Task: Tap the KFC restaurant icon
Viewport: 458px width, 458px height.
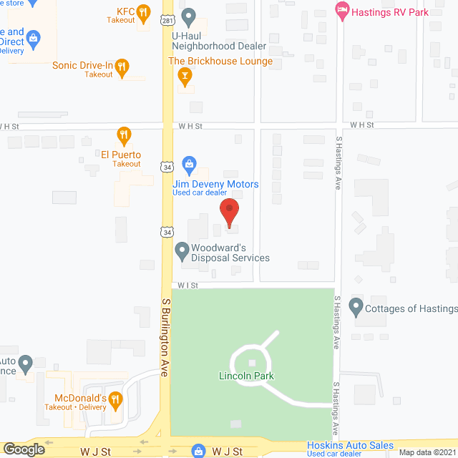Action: [143, 11]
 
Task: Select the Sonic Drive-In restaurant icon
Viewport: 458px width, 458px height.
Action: [122, 67]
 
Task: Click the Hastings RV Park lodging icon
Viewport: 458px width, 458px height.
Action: [342, 10]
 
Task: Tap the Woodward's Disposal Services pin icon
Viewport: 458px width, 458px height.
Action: [182, 250]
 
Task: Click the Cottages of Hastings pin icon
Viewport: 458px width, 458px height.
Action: [355, 308]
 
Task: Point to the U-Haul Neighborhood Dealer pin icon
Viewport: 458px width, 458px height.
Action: [189, 15]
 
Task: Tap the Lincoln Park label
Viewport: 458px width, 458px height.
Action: [247, 376]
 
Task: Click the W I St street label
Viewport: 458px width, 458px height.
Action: [187, 285]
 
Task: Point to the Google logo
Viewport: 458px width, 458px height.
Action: [24, 449]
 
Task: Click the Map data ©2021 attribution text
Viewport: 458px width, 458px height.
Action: [427, 452]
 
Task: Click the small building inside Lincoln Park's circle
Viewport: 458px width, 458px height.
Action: [251, 363]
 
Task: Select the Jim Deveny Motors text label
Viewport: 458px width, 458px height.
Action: [215, 184]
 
